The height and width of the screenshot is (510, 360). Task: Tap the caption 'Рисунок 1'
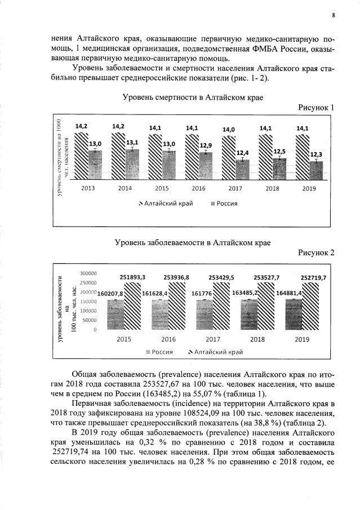316,108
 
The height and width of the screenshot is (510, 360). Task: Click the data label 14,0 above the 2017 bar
229,130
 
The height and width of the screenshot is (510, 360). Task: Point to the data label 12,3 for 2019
313,154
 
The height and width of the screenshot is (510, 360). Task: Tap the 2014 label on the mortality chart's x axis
126,188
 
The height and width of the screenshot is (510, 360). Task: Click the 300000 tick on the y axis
88,273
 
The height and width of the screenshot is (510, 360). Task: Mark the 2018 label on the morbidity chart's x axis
257,339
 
